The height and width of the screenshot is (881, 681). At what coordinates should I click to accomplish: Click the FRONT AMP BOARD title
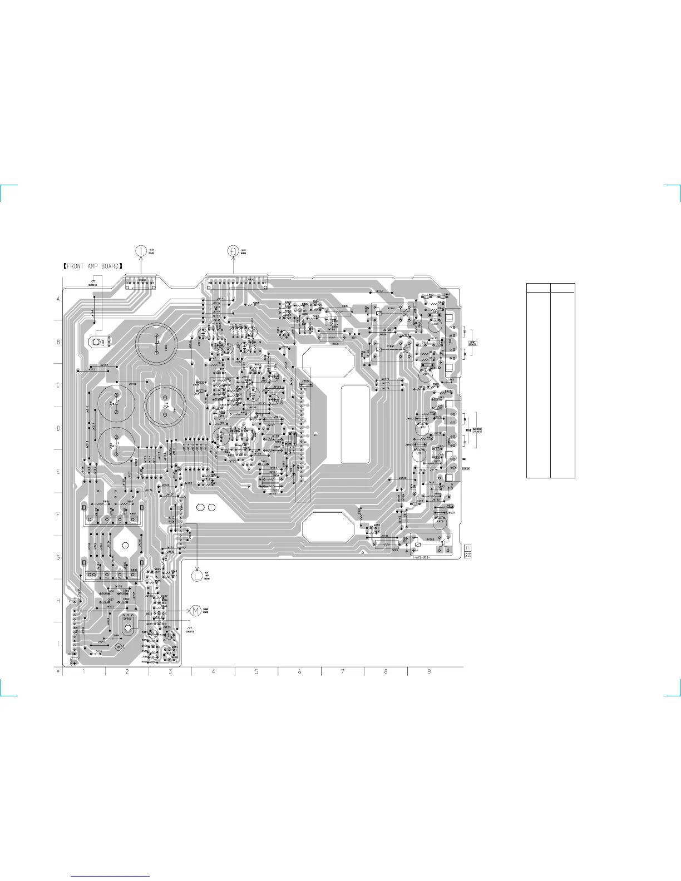coord(93,266)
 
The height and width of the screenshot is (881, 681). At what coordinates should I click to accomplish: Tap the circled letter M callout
coord(195,611)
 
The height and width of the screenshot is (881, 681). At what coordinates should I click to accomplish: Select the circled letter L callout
coord(196,576)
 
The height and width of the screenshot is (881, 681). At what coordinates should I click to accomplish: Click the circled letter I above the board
coord(141,251)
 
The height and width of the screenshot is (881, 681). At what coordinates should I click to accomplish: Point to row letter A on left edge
coord(58,299)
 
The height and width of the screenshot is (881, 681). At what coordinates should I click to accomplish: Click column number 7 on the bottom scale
coord(343,672)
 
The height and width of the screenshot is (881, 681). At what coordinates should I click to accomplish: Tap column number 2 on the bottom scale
coord(127,672)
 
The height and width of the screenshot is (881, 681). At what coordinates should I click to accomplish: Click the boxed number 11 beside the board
coord(467,548)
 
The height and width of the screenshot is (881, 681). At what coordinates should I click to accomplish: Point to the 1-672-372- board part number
coord(421,557)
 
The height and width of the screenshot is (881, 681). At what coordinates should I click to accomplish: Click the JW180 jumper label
coord(402,478)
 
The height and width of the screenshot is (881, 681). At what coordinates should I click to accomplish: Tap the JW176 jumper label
coord(385,388)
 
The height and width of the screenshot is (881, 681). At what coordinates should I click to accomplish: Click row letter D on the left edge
coord(58,429)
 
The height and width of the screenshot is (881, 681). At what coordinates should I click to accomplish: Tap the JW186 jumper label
coord(385,536)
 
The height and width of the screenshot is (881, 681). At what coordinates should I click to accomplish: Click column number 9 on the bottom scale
coord(429,672)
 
